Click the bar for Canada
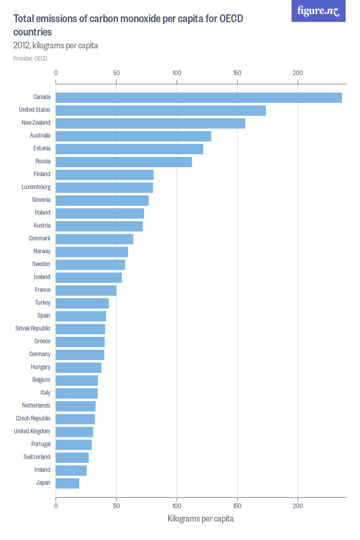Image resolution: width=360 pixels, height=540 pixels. pyautogui.click(x=199, y=98)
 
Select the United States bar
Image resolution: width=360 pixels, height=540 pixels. pyautogui.click(x=160, y=111)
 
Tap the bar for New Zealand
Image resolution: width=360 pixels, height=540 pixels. pyautogui.click(x=150, y=123)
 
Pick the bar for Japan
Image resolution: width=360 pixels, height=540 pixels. pyautogui.click(x=67, y=483)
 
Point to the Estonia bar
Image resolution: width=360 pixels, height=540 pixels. pyautogui.click(x=129, y=149)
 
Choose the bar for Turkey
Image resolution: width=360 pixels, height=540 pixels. pyautogui.click(x=82, y=303)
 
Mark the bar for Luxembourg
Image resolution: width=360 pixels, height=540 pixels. pyautogui.click(x=104, y=188)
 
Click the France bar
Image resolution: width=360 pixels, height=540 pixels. pyautogui.click(x=86, y=291)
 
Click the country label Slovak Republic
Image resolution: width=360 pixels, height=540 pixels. pyautogui.click(x=33, y=329)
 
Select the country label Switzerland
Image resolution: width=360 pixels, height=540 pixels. pyautogui.click(x=37, y=457)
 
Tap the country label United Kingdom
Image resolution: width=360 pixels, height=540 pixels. pyautogui.click(x=32, y=431)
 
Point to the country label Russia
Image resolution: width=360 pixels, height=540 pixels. pyautogui.click(x=43, y=161)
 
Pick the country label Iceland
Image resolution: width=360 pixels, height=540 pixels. pyautogui.click(x=42, y=277)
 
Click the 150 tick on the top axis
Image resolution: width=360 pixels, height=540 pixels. pyautogui.click(x=237, y=73)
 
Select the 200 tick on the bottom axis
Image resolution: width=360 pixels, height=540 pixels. pyautogui.click(x=298, y=506)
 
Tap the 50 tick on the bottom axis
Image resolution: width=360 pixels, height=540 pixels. pyautogui.click(x=116, y=506)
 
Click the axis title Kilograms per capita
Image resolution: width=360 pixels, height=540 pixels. pyautogui.click(x=201, y=518)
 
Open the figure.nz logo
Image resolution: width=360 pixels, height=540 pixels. pyautogui.click(x=318, y=11)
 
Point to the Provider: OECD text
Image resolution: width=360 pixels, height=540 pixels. pyautogui.click(x=30, y=59)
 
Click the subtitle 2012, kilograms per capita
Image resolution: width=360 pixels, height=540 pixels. pyautogui.click(x=56, y=46)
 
